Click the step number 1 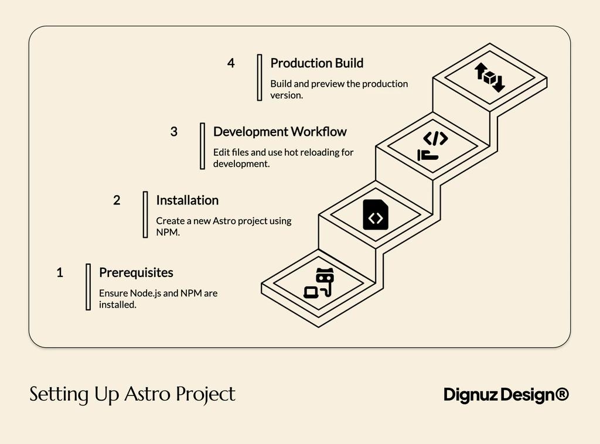pyautogui.click(x=60, y=272)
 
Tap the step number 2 pyautogui.click(x=117, y=200)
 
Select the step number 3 pyautogui.click(x=174, y=132)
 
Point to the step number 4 pyautogui.click(x=231, y=63)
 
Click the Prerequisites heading pyautogui.click(x=136, y=272)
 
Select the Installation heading pyautogui.click(x=187, y=200)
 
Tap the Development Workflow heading pyautogui.click(x=279, y=132)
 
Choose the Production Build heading pyautogui.click(x=316, y=63)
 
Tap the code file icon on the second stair pyautogui.click(x=376, y=215)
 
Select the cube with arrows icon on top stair pyautogui.click(x=489, y=77)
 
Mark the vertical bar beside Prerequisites pyautogui.click(x=88, y=286)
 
